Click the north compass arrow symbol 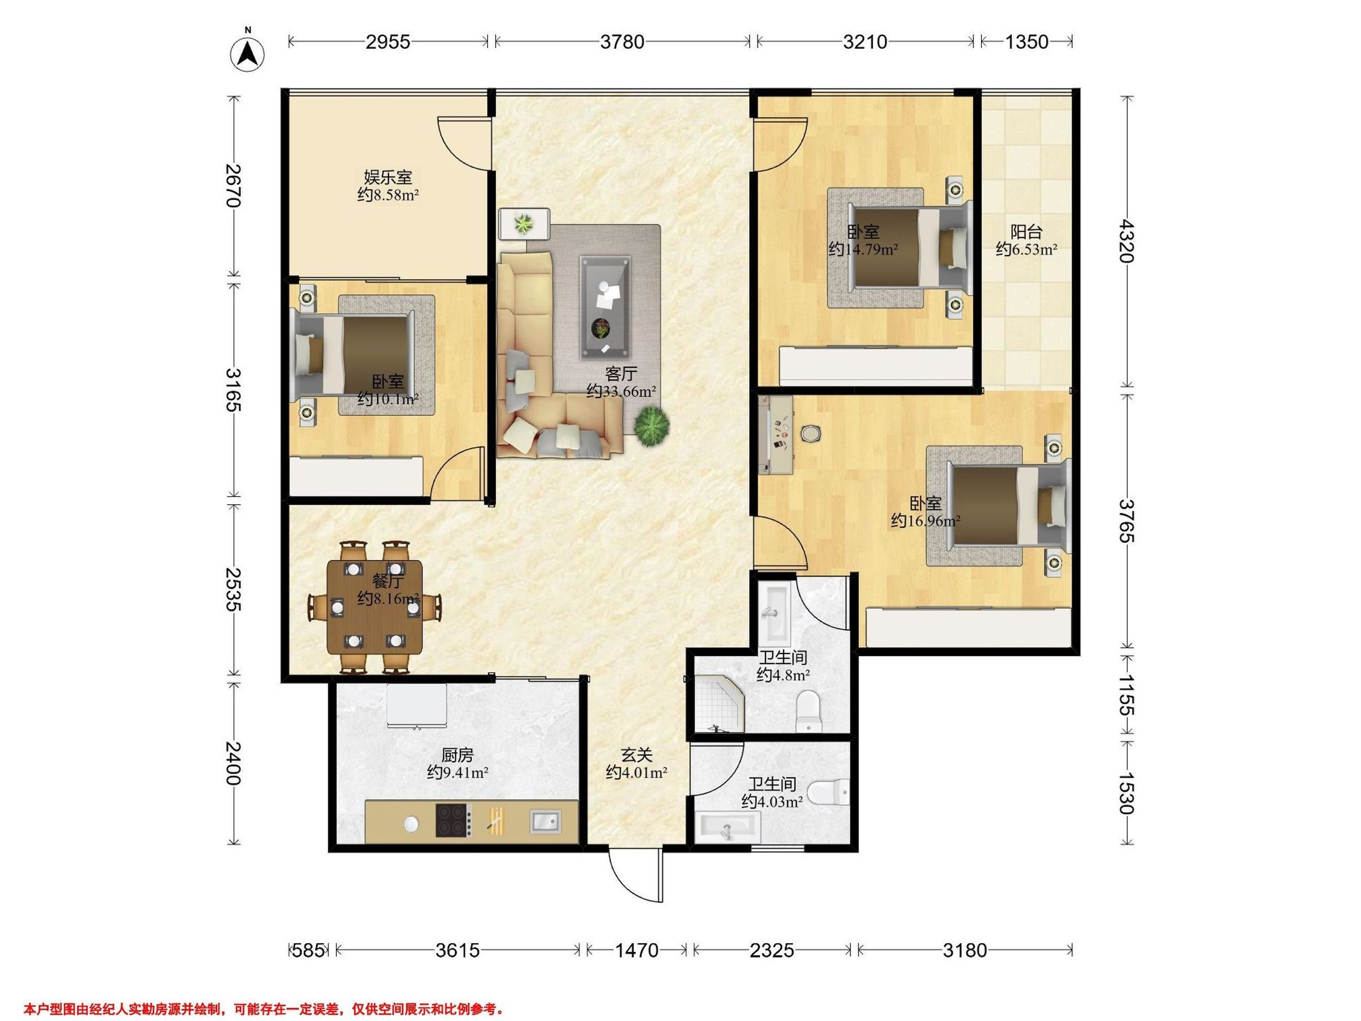pos(247,53)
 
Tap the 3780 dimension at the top pos(622,42)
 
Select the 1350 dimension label pos(1026,42)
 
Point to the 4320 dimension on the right pos(1127,241)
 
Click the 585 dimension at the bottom pos(307,950)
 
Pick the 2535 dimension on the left pos(233,589)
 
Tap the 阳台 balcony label pos(1026,232)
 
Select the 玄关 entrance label pos(636,754)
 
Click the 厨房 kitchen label pos(457,754)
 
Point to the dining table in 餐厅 pos(375,607)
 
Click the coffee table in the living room pos(605,307)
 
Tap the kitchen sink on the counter pos(546,821)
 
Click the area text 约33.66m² pos(621,391)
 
